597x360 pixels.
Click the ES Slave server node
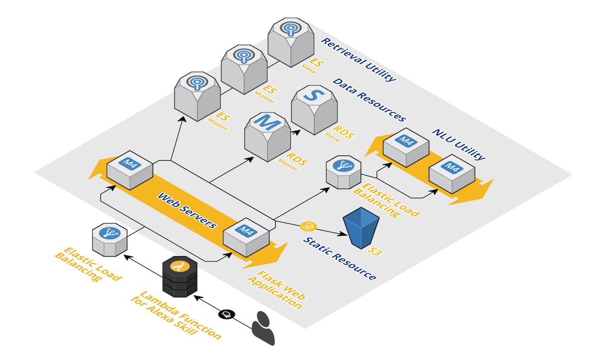coord(291,42)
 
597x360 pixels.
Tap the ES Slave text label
coord(312,66)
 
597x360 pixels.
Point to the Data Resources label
coord(370,99)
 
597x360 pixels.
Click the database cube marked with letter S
coord(314,110)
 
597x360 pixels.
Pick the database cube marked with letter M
coord(268,137)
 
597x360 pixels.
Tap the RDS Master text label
coord(293,162)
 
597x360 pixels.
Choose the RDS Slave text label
coord(339,134)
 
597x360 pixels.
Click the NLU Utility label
coord(459,145)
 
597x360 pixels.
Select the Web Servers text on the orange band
coord(187,210)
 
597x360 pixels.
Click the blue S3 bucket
coord(361,228)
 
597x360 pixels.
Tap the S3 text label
coord(375,251)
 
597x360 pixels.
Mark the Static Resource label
coord(340,259)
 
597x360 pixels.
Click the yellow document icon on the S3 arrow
coord(308,227)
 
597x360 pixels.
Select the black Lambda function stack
coord(180,276)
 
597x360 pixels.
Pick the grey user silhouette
coord(263,328)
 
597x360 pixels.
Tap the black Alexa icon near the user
coord(226,314)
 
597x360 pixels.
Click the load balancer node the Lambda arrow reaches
coord(109,240)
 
